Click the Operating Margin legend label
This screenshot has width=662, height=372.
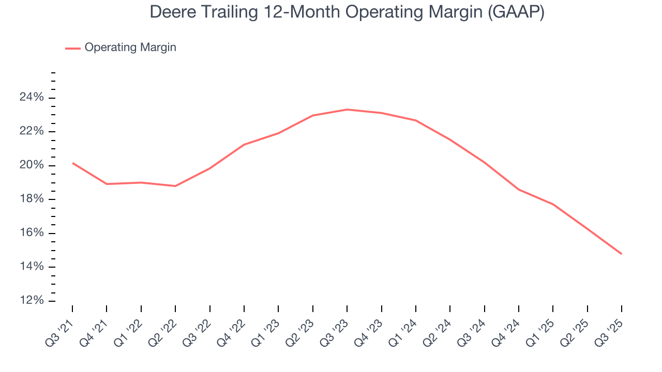[x=130, y=48]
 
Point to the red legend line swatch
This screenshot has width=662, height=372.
[x=73, y=48]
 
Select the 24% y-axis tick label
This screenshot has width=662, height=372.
[x=31, y=98]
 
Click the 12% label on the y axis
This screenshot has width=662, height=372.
[x=31, y=301]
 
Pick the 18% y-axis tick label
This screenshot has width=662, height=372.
[x=31, y=199]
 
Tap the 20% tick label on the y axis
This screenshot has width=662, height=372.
[x=31, y=165]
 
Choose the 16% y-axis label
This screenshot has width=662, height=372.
[x=31, y=233]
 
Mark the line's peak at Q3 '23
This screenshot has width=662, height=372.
[x=347, y=110]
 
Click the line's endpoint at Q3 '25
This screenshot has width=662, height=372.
[x=621, y=254]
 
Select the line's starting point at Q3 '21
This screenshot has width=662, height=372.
[x=72, y=163]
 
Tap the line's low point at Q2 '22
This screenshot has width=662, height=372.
[x=175, y=186]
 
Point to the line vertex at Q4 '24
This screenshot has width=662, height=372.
[x=518, y=190]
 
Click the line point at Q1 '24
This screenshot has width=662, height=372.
[x=415, y=120]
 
